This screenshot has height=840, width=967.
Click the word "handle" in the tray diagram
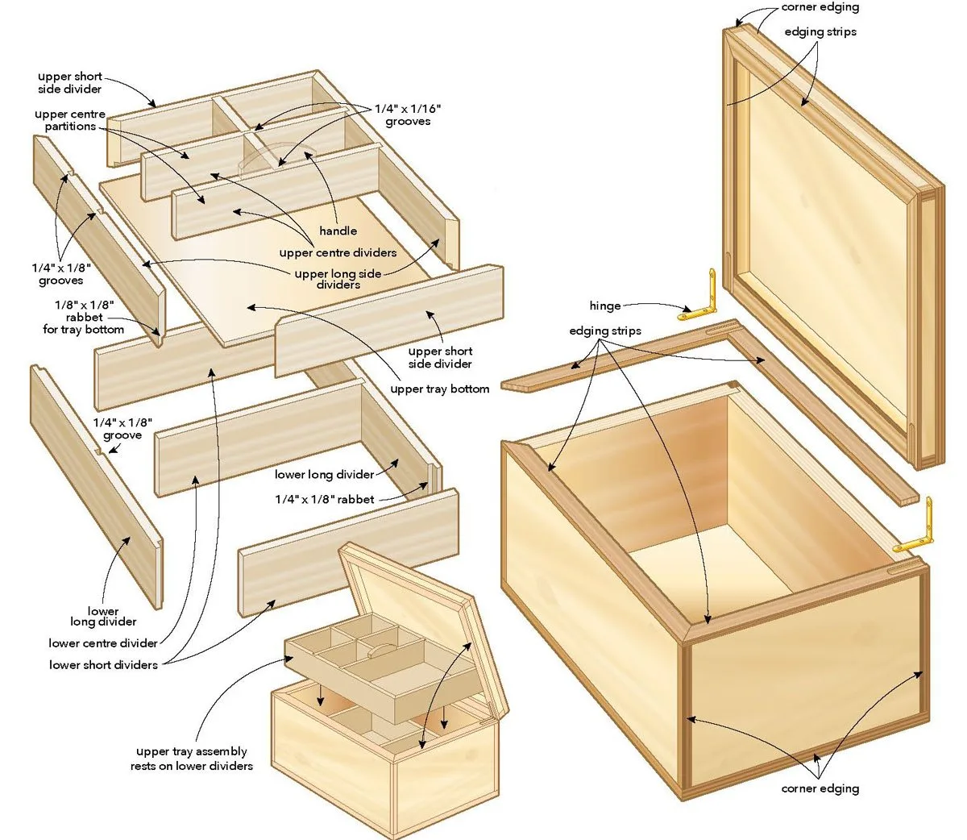338,231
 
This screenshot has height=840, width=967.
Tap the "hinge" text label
604,306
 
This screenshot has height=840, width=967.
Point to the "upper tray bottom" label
439,389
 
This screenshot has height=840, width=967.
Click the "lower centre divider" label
102,643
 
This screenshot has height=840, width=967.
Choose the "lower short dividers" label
103,665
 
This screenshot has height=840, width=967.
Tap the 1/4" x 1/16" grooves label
408,115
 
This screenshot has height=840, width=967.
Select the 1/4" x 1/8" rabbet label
324,499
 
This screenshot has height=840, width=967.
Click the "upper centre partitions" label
70,120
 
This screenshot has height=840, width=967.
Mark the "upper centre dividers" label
338,253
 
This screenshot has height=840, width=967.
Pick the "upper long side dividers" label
338,279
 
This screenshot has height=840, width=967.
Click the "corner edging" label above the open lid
820,7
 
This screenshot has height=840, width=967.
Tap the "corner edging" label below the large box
820,788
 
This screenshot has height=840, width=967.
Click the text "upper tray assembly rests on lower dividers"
191,759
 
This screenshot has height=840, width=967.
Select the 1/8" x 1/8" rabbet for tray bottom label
84,317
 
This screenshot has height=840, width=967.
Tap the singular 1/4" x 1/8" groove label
122,429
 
